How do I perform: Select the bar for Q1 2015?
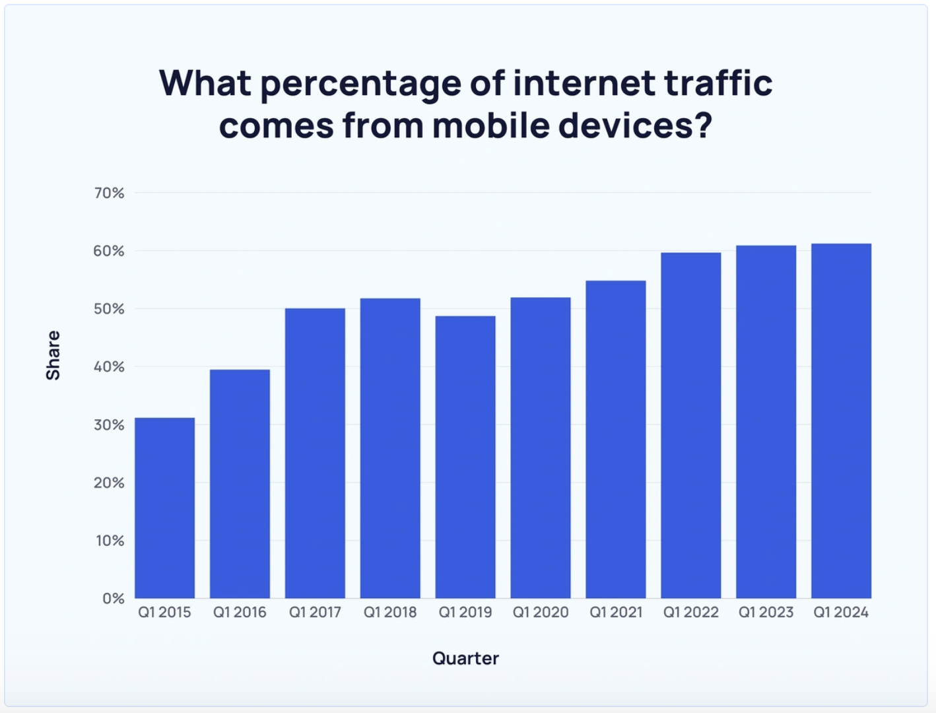(x=164, y=508)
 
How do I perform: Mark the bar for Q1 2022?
(x=690, y=425)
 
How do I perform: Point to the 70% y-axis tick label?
(x=109, y=193)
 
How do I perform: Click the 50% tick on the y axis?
(x=109, y=309)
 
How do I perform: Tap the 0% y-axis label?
(x=113, y=598)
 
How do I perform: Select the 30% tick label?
(x=109, y=424)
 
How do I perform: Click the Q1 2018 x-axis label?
(x=390, y=613)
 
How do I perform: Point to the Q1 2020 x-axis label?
(x=541, y=613)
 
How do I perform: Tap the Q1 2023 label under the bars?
(x=766, y=613)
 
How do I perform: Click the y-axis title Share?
(x=53, y=355)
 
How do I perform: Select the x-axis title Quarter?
(x=465, y=658)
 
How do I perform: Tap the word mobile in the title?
(x=490, y=125)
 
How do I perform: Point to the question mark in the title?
(x=704, y=125)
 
